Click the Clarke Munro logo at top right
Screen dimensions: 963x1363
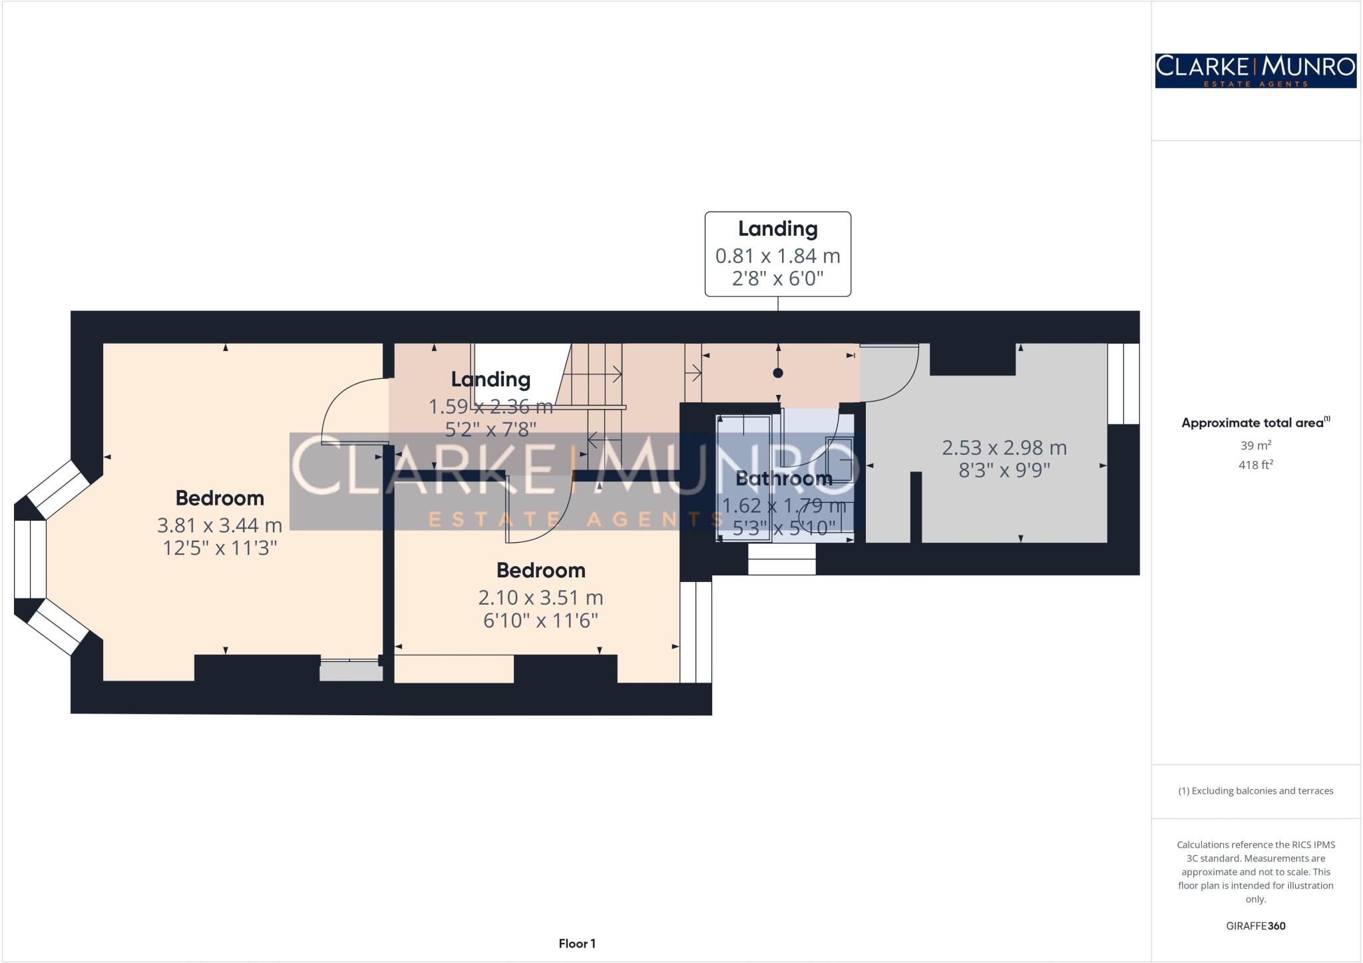[x=1255, y=71]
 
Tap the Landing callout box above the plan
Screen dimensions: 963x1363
[x=777, y=254]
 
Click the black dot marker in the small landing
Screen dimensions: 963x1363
[x=777, y=373]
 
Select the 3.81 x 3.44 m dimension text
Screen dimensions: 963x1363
[x=220, y=525]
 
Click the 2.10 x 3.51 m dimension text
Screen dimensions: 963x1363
[x=540, y=597]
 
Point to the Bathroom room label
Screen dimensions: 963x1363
[x=783, y=478]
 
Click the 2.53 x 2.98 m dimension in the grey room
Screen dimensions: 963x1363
[x=1004, y=448]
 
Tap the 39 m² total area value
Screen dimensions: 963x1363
[x=1255, y=445]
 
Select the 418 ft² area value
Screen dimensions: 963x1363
[x=1255, y=465]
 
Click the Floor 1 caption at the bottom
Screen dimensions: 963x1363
[x=577, y=943]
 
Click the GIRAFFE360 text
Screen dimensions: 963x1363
[x=1255, y=926]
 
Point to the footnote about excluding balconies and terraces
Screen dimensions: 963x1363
[x=1255, y=791]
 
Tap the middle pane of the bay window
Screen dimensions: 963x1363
[x=31, y=559]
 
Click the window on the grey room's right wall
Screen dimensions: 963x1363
[x=1123, y=384]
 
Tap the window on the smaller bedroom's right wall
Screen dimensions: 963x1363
[x=695, y=632]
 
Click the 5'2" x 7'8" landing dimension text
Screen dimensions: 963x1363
[x=490, y=429]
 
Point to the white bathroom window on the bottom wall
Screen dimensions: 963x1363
[x=781, y=559]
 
